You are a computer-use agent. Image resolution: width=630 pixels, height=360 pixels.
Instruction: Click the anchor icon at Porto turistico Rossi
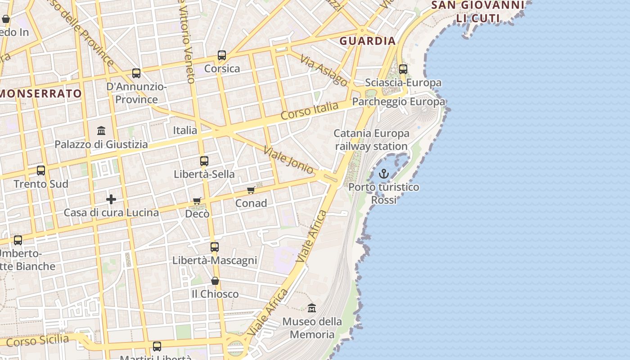click(x=383, y=174)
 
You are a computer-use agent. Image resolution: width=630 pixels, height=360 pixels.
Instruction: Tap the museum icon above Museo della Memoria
click(x=311, y=308)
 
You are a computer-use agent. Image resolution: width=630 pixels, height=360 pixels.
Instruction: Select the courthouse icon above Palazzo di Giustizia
click(x=101, y=131)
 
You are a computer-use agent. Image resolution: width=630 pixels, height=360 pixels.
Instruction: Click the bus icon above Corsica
click(x=222, y=55)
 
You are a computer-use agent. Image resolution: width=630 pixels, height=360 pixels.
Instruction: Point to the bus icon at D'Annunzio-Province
click(x=136, y=73)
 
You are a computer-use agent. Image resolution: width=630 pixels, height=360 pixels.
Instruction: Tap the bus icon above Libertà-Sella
click(x=204, y=161)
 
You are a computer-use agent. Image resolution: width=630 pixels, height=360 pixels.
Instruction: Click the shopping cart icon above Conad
click(x=251, y=190)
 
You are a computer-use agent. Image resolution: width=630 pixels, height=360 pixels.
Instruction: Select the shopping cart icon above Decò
click(x=197, y=201)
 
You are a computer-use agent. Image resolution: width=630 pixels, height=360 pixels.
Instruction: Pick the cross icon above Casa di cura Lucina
click(x=111, y=199)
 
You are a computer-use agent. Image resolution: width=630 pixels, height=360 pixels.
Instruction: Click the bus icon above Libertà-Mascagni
click(x=215, y=247)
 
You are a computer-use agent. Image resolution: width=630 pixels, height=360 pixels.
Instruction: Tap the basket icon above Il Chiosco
click(x=215, y=281)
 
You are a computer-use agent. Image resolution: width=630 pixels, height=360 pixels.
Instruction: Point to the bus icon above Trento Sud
click(x=41, y=171)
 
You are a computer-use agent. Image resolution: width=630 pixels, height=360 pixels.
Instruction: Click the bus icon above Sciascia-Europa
click(x=403, y=69)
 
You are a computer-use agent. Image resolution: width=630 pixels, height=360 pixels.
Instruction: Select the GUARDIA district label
click(x=368, y=41)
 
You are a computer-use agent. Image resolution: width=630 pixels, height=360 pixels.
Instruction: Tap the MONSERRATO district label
click(x=41, y=94)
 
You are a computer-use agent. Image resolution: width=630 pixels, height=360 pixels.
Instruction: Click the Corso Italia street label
click(x=309, y=111)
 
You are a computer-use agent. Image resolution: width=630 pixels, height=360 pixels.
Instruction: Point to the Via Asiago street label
click(x=324, y=71)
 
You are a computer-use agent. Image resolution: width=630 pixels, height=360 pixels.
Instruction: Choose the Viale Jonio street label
click(x=288, y=160)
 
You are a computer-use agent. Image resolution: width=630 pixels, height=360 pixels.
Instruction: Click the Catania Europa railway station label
click(x=372, y=139)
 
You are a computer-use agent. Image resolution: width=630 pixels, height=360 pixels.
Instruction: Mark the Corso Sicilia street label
click(x=38, y=341)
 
